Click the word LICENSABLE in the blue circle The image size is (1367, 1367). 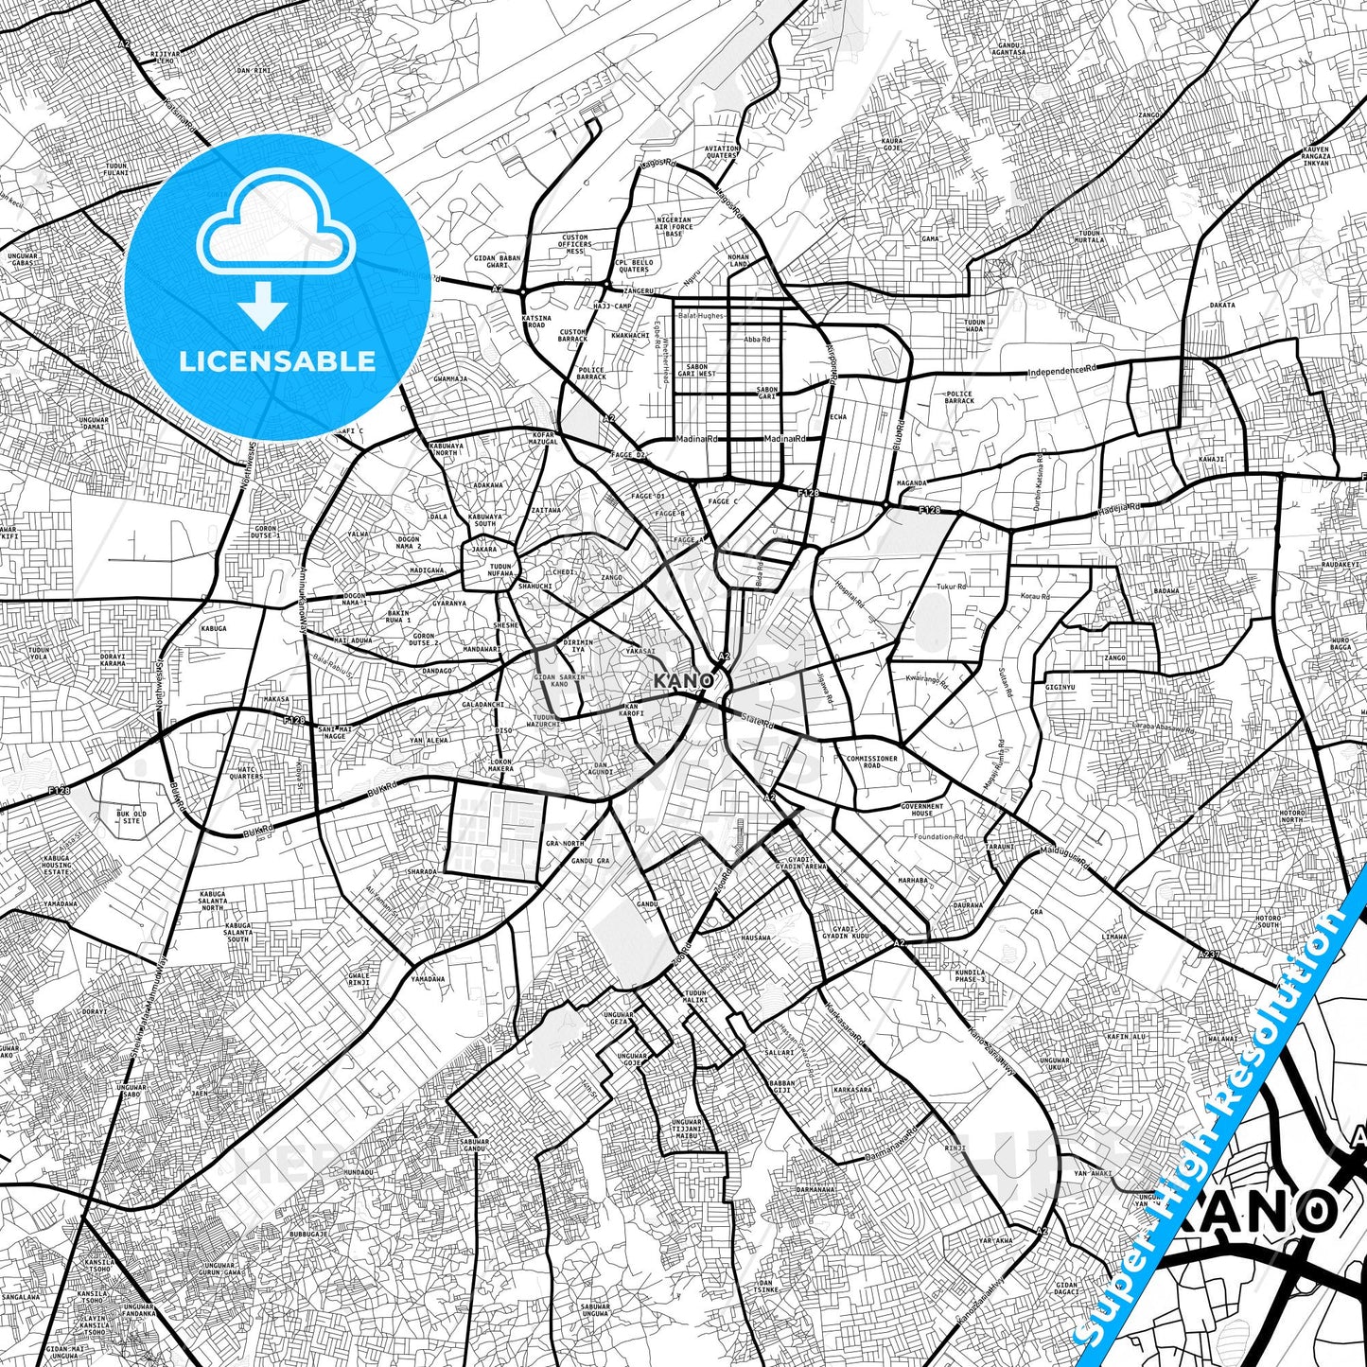tap(277, 360)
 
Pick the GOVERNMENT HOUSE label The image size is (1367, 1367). tap(922, 810)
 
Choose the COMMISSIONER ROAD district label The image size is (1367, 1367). tap(871, 762)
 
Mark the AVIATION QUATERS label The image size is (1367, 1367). tap(722, 152)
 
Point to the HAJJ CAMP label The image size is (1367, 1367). tap(610, 307)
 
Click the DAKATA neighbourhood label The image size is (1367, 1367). tap(1222, 306)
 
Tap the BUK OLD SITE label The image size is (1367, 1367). tap(131, 816)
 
